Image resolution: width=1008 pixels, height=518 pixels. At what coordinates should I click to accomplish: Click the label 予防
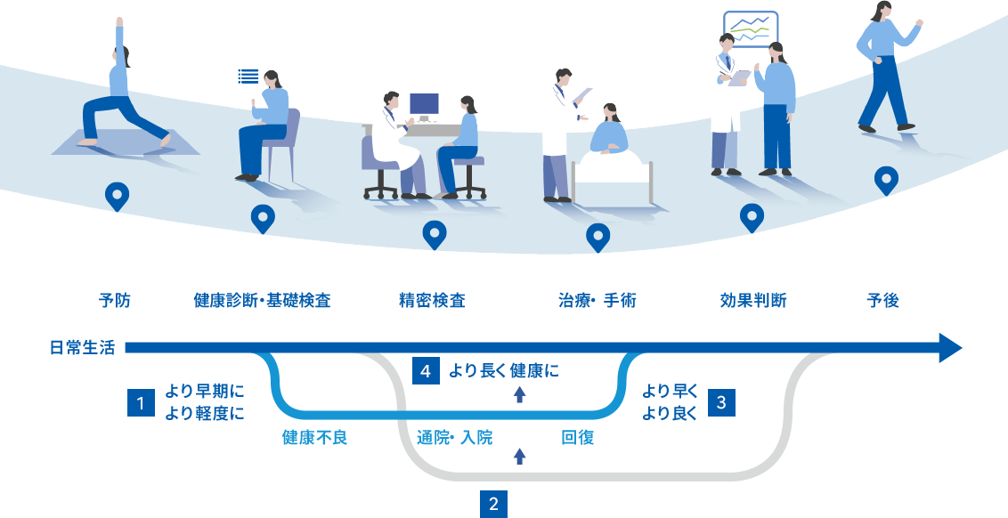(x=114, y=301)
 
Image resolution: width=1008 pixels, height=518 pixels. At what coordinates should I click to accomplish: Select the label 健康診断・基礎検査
(x=262, y=301)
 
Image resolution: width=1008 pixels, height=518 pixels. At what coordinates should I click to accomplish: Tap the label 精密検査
(x=432, y=301)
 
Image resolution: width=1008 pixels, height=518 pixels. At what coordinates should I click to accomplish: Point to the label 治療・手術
(x=597, y=301)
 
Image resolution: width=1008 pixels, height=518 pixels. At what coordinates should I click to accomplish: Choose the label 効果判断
(x=752, y=301)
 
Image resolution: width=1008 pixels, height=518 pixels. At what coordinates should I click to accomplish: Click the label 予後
(x=882, y=301)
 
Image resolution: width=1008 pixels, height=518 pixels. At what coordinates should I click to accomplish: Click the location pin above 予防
(x=117, y=195)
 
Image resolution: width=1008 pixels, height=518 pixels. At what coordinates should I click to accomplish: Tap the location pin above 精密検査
(x=434, y=234)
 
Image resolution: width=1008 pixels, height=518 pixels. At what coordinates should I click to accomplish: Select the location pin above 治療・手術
(x=597, y=237)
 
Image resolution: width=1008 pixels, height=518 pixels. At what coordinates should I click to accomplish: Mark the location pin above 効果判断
(x=752, y=216)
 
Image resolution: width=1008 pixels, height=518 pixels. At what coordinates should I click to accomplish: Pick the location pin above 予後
(x=886, y=179)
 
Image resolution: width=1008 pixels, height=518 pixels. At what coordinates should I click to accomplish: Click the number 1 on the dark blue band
(x=140, y=404)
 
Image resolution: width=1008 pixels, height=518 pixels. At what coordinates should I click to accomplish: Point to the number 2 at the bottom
(x=493, y=505)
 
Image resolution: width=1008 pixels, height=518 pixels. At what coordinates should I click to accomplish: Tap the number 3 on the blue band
(x=721, y=403)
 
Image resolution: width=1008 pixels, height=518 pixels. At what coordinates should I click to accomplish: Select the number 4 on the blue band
(x=426, y=372)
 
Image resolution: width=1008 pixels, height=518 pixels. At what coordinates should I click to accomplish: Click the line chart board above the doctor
(x=750, y=30)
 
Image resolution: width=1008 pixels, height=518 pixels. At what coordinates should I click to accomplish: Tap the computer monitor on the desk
(x=424, y=104)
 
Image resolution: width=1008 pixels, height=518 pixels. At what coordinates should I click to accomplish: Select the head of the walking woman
(x=882, y=10)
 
